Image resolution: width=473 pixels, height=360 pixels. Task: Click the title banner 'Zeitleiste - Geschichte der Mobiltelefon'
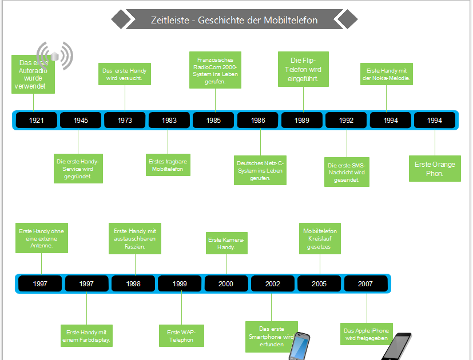click(x=234, y=20)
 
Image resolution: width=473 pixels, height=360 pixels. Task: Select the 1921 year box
click(x=37, y=121)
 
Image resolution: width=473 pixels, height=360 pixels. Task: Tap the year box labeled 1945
click(x=81, y=121)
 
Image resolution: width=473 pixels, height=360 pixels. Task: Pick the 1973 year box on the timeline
click(x=125, y=121)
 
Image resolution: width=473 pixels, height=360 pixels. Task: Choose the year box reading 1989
click(x=302, y=121)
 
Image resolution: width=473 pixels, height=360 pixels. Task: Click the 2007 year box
click(x=365, y=284)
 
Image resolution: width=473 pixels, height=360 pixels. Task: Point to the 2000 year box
click(x=226, y=284)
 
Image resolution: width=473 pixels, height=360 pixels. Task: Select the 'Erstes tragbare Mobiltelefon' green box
click(x=168, y=165)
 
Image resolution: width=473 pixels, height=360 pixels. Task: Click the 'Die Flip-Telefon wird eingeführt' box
click(x=303, y=69)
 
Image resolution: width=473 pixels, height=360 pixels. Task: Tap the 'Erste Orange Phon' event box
click(x=435, y=169)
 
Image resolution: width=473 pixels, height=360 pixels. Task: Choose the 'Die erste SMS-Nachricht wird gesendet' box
click(x=347, y=172)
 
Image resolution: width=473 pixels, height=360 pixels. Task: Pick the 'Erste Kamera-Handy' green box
click(x=226, y=243)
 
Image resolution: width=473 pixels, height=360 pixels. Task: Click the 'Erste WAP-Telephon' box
click(x=181, y=336)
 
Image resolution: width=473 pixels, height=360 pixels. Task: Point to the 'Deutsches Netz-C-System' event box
click(x=260, y=170)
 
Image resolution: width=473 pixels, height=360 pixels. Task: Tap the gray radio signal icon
click(x=56, y=55)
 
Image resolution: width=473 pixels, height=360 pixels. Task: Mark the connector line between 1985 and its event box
click(x=215, y=100)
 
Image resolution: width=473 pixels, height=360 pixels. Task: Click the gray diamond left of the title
click(x=120, y=19)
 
